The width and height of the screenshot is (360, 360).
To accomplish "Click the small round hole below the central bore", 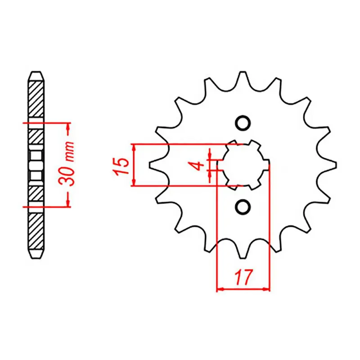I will click(x=243, y=206).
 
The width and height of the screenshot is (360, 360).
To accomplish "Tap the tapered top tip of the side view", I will click(x=36, y=73).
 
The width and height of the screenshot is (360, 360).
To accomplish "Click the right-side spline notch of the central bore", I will click(x=266, y=164).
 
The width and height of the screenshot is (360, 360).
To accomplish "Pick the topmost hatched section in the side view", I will click(x=36, y=99).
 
